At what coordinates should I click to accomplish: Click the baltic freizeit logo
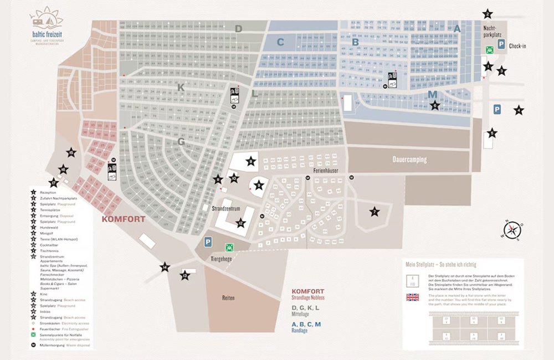[x=47, y=25]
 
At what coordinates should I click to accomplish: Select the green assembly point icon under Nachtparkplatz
[x=489, y=49]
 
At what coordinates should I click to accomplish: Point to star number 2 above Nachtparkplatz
[x=488, y=14]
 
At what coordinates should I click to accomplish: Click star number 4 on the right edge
[x=519, y=110]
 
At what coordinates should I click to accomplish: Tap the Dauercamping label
[x=409, y=160]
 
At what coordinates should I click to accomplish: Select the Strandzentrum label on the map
[x=225, y=209]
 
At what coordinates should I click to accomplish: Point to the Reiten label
[x=229, y=297]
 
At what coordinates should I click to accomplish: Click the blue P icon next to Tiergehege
[x=208, y=242]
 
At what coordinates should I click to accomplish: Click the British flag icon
[x=413, y=297]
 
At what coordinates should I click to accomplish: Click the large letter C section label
[x=280, y=42]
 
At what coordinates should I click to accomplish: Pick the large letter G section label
[x=181, y=141]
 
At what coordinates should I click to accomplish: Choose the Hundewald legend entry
[x=49, y=227]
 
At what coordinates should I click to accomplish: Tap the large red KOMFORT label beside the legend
[x=123, y=219]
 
